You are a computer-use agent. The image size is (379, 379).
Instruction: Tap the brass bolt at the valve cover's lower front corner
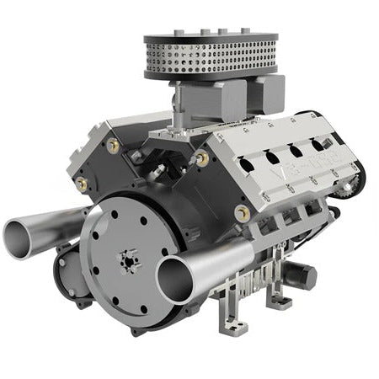pos(243,211)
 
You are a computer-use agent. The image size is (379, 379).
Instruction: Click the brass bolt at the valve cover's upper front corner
pos(202,157)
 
